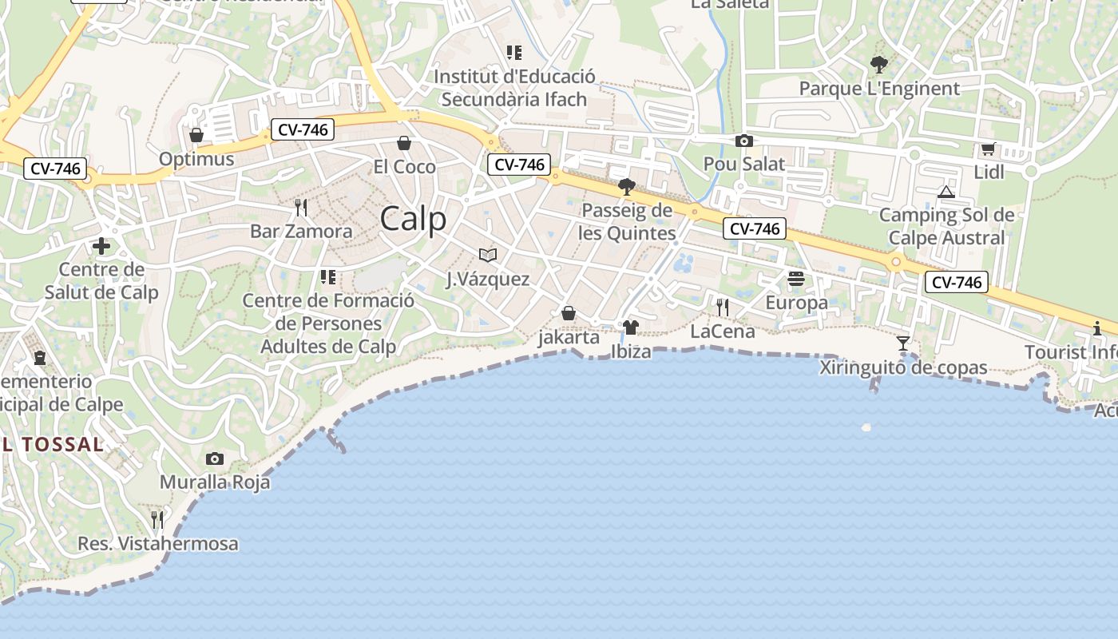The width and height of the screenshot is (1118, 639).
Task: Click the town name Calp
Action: [x=413, y=219]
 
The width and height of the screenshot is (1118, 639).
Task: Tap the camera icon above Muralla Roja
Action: [x=215, y=458]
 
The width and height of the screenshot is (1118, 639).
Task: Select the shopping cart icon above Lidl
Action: [x=989, y=149]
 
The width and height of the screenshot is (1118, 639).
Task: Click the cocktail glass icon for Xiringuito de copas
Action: [x=903, y=343]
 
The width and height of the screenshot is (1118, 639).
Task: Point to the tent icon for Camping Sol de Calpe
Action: [x=946, y=192]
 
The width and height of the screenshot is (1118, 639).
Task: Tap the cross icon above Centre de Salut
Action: [x=101, y=246]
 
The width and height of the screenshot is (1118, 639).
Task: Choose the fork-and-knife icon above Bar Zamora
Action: [x=301, y=208]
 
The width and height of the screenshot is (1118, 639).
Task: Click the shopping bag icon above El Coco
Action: [x=404, y=143]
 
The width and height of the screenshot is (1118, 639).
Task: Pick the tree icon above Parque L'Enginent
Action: [x=879, y=64]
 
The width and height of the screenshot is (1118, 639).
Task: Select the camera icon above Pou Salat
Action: [x=744, y=141]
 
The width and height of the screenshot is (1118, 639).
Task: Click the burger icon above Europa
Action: [x=796, y=279]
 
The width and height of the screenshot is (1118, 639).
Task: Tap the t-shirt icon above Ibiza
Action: [x=631, y=327]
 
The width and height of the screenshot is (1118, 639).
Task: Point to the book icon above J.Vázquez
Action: [x=488, y=255]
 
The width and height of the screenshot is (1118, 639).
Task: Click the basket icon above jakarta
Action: [x=569, y=313]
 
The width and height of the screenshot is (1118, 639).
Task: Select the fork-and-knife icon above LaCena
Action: [x=723, y=307]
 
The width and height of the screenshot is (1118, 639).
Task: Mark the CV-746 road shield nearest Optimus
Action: [x=302, y=129]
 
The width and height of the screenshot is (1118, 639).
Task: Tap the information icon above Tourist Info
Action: [x=1097, y=327]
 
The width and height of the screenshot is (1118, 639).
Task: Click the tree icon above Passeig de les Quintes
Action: [x=627, y=187]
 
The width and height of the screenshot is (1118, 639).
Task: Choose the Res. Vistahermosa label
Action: [x=158, y=544]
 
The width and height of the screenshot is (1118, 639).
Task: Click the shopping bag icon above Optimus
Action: [x=196, y=135]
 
